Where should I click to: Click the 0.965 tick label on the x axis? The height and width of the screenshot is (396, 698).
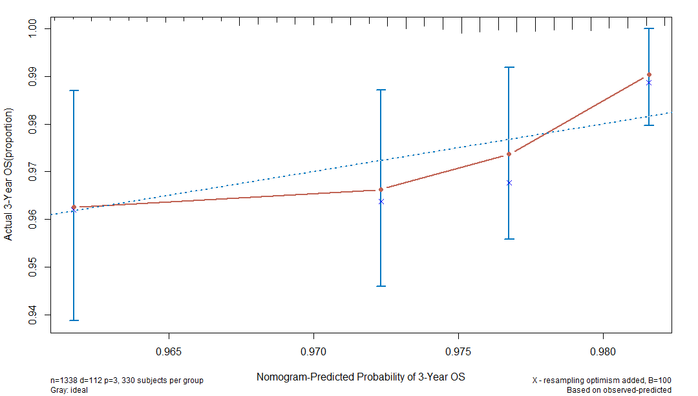(x=168, y=354)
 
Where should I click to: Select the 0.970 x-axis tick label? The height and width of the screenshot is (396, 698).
(x=313, y=354)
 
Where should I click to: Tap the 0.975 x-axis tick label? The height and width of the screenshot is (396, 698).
(x=458, y=354)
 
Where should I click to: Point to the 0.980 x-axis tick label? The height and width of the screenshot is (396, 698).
(x=602, y=354)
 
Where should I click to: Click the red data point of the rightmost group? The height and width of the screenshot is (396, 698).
(x=649, y=75)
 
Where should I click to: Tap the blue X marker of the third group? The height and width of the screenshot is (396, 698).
(x=509, y=183)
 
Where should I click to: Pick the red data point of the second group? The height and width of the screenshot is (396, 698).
(x=381, y=189)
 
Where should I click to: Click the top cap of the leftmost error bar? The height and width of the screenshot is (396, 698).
(x=74, y=90)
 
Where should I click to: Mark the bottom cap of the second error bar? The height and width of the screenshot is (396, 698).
(x=381, y=286)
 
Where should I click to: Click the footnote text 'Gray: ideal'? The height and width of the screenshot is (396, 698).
(x=69, y=390)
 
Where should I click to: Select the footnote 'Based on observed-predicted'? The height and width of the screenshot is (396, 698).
(x=619, y=390)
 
